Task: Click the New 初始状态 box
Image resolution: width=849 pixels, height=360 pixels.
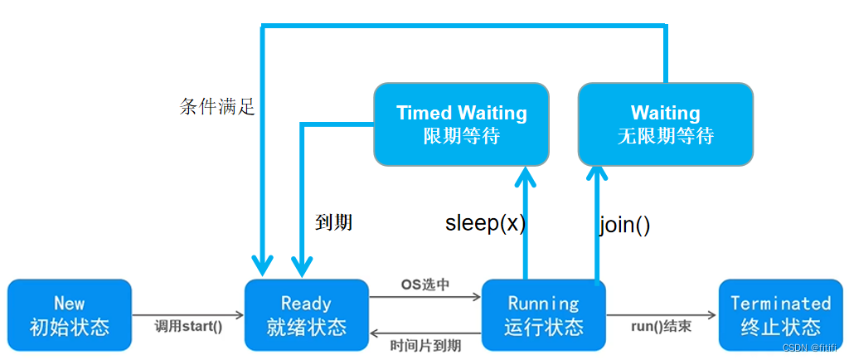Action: (x=70, y=314)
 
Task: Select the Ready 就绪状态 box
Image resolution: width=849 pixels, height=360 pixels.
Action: (x=306, y=314)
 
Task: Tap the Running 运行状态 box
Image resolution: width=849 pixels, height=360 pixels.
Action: (x=543, y=314)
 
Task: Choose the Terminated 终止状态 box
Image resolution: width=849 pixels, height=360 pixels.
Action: (x=780, y=314)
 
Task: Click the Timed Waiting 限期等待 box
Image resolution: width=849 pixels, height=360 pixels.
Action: (x=461, y=124)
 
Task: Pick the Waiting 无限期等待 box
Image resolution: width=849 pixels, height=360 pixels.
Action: (x=665, y=124)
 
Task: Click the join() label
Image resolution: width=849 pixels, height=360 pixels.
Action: (x=623, y=225)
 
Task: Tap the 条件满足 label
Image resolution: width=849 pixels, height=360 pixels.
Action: (x=217, y=106)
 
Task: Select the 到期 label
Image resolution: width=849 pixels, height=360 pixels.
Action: (x=334, y=222)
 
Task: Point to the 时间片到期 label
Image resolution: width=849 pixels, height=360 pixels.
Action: (x=425, y=344)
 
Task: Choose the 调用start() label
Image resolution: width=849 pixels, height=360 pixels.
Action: (x=189, y=326)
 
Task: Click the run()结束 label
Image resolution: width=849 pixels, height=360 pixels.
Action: (x=661, y=326)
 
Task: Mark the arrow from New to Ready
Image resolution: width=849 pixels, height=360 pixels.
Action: (x=188, y=315)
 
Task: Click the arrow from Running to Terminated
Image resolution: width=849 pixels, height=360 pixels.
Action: (x=661, y=315)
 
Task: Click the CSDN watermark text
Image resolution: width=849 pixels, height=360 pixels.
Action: (x=812, y=348)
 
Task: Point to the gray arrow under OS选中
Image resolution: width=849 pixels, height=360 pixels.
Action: (x=424, y=296)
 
